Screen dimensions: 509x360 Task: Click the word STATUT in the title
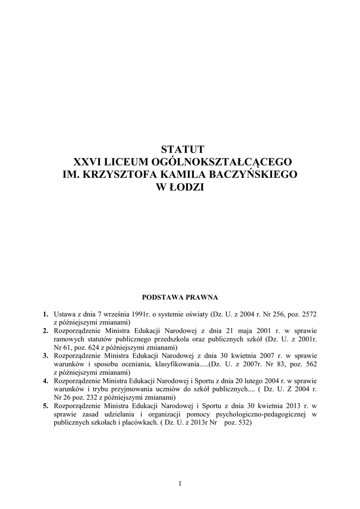pyautogui.click(x=180, y=149)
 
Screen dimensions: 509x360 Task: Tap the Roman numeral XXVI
pyautogui.click(x=87, y=162)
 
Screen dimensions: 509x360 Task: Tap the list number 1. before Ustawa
pyautogui.click(x=45, y=314)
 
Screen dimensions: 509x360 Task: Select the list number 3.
pyautogui.click(x=45, y=356)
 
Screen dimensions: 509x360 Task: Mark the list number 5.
pyautogui.click(x=45, y=406)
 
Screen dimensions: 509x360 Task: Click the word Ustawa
pyautogui.click(x=64, y=314)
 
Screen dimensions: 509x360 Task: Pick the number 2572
pyautogui.click(x=309, y=314)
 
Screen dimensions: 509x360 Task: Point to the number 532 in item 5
pyautogui.click(x=245, y=423)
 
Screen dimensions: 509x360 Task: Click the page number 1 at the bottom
pyautogui.click(x=180, y=483)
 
